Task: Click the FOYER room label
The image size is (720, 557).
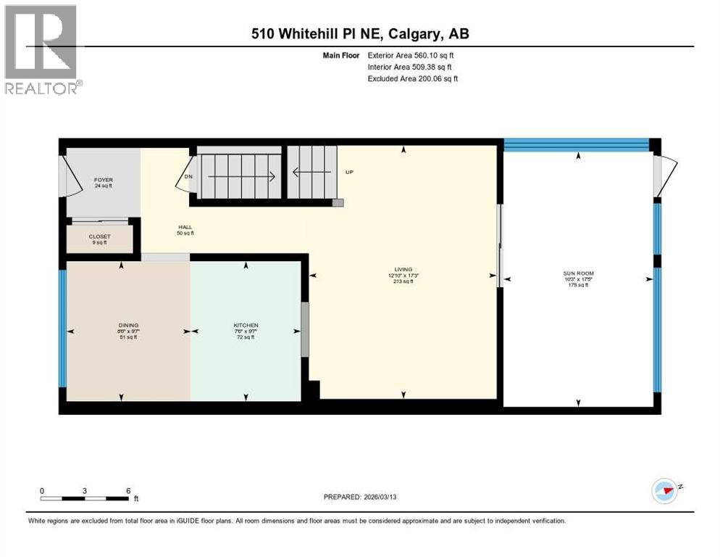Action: tap(103, 182)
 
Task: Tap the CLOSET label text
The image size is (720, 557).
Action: tap(99, 239)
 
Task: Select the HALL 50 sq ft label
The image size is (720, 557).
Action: tap(185, 230)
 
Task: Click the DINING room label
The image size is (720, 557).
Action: tap(129, 329)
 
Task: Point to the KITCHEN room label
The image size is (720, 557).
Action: tap(246, 329)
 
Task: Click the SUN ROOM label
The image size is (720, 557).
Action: tap(578, 278)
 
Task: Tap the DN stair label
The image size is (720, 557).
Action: tap(188, 176)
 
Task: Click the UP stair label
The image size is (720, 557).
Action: tap(349, 173)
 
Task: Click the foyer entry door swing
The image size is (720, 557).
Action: tap(72, 178)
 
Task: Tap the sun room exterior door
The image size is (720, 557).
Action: tap(665, 176)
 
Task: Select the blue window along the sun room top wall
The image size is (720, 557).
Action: tap(577, 144)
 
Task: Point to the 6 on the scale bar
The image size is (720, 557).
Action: tap(128, 490)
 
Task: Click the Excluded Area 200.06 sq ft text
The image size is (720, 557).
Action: tap(413, 78)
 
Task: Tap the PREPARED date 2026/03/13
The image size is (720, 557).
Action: tap(371, 497)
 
